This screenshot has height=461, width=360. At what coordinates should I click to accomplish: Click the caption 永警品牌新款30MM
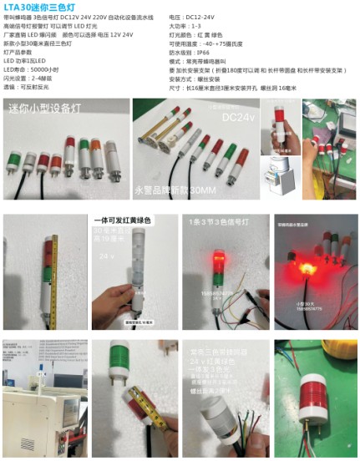click(176, 190)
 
